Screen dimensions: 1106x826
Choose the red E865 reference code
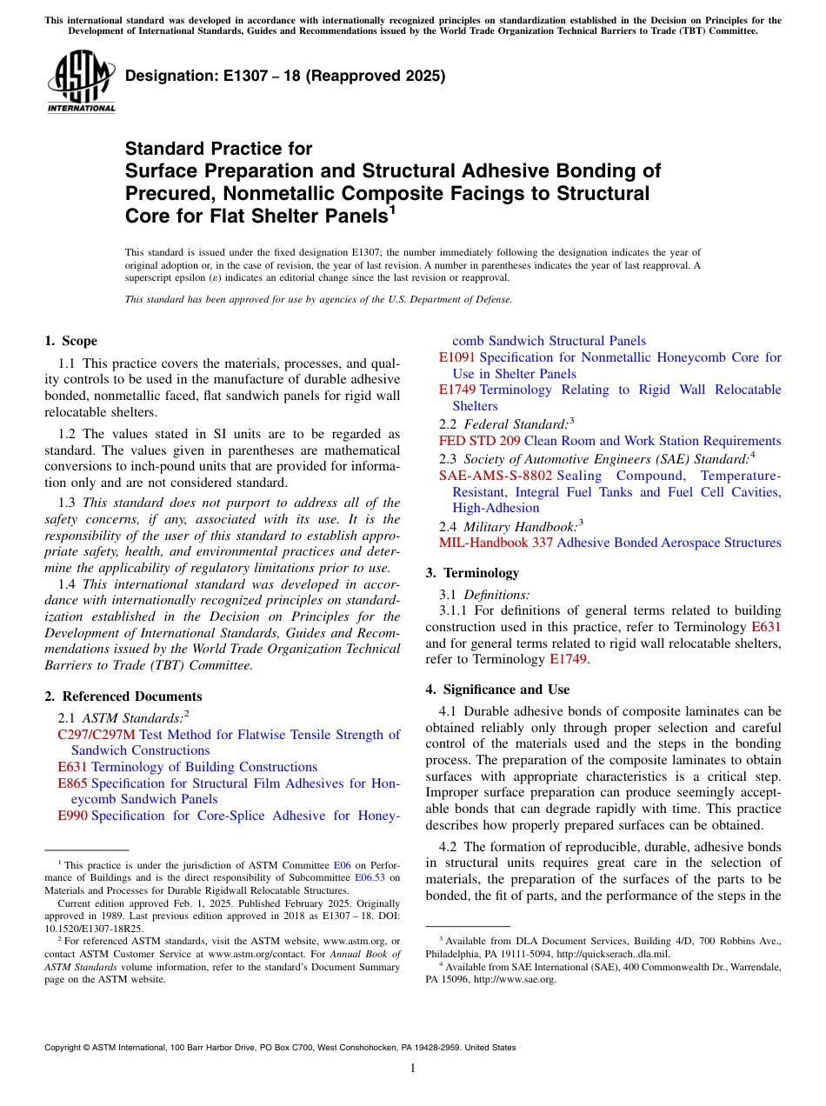click(72, 783)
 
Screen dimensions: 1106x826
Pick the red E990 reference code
click(72, 816)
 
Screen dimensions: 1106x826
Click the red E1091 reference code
click(457, 357)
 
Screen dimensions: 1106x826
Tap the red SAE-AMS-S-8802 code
click(495, 476)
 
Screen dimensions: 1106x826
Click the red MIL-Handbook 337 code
click(496, 543)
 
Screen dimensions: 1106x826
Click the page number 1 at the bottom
click(413, 1069)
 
